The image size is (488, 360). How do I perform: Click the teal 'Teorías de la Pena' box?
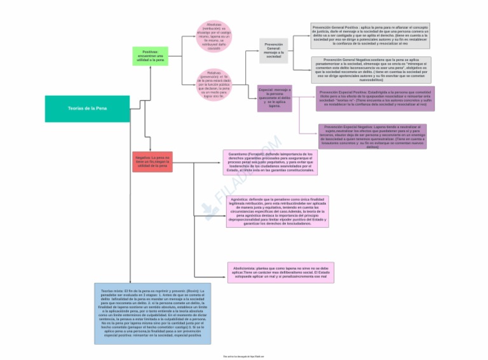click(x=87, y=109)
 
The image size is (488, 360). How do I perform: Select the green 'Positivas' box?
click(x=150, y=56)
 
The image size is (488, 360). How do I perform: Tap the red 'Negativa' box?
click(x=152, y=162)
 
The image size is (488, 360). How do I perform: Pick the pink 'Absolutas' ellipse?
click(x=214, y=36)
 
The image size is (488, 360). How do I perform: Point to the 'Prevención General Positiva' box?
click(x=370, y=36)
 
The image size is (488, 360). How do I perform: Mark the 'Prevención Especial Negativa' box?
click(x=372, y=136)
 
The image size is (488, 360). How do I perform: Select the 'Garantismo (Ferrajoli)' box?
click(x=270, y=163)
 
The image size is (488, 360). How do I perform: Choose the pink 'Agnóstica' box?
click(x=277, y=211)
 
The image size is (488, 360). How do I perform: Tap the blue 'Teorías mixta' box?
click(x=152, y=314)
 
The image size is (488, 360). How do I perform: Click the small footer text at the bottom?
click(x=243, y=356)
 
